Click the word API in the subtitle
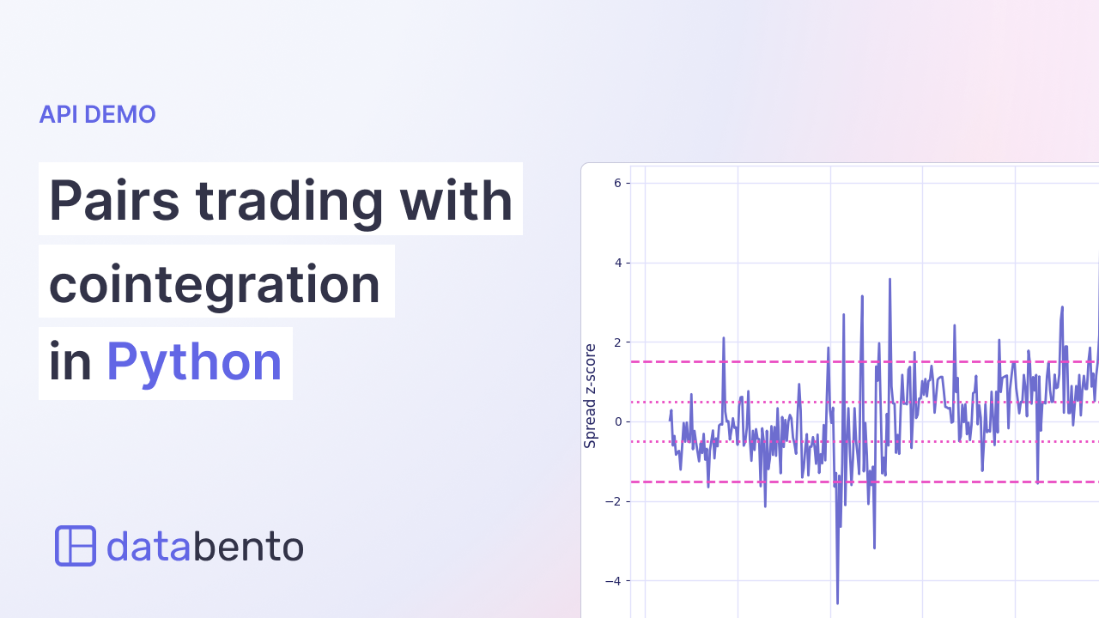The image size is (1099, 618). [58, 114]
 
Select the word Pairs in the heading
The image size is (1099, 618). [113, 200]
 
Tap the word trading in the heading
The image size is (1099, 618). [288, 200]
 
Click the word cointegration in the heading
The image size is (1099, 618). [215, 282]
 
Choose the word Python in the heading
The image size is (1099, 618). [194, 362]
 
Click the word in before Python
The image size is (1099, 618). [70, 362]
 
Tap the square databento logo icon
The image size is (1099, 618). [76, 546]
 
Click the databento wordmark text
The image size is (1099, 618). [204, 546]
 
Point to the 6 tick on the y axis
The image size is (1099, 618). [617, 183]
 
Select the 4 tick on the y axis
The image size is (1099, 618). [617, 263]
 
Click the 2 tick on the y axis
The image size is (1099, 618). [617, 342]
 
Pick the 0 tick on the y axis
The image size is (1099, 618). [617, 421]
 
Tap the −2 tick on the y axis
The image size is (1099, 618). [613, 501]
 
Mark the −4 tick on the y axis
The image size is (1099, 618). [613, 581]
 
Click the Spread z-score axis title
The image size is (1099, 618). [590, 396]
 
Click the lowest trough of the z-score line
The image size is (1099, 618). [837, 603]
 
